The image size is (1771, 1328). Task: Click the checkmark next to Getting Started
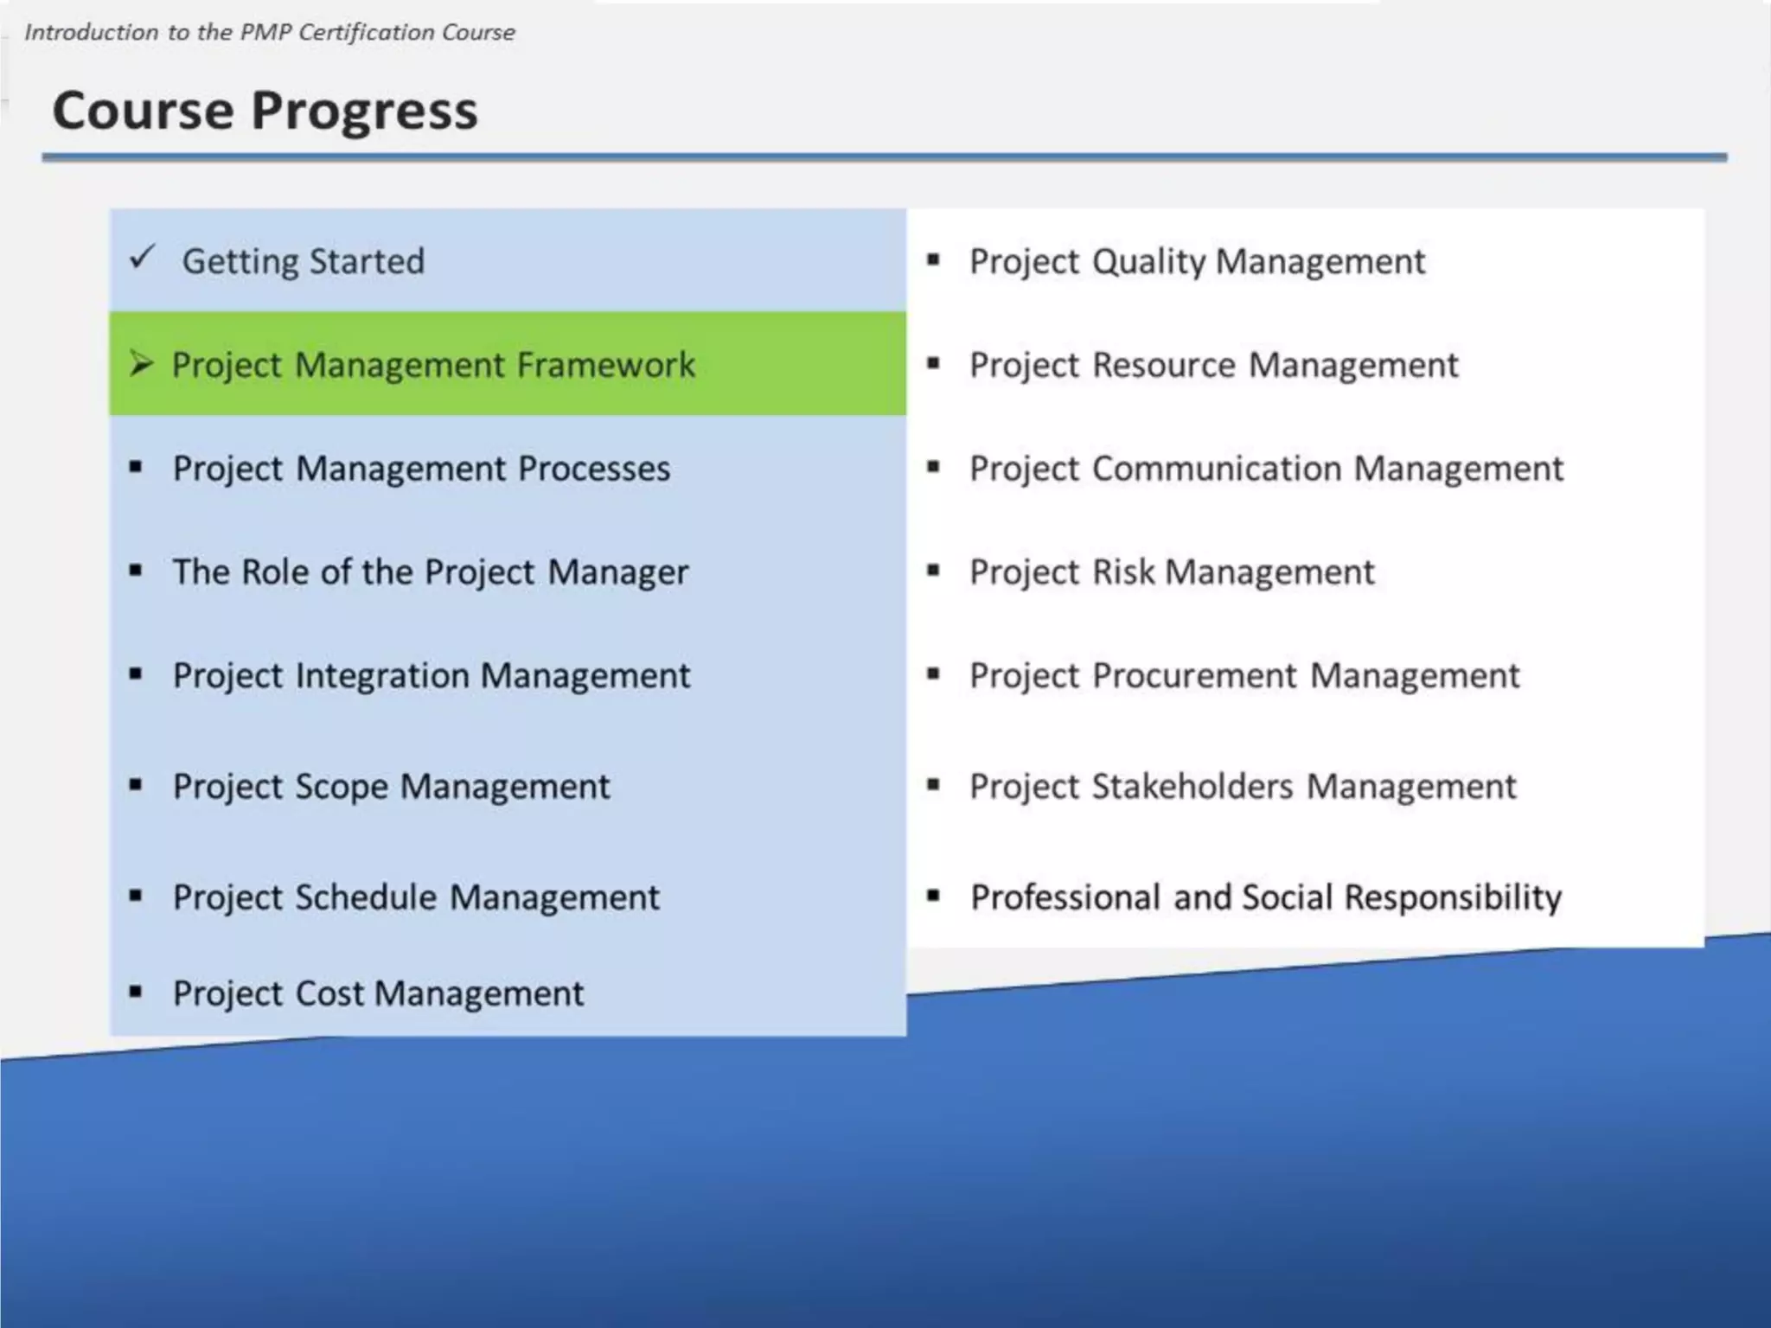coord(142,257)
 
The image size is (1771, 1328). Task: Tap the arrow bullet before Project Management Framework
coord(141,364)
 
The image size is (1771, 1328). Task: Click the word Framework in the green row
coord(606,365)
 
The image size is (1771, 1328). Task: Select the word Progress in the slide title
coord(364,112)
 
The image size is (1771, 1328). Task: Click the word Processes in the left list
coord(594,469)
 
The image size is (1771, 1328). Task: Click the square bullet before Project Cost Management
coord(136,992)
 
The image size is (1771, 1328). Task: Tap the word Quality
coord(1148,262)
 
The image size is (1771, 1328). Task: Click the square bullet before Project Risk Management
coord(933,571)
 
